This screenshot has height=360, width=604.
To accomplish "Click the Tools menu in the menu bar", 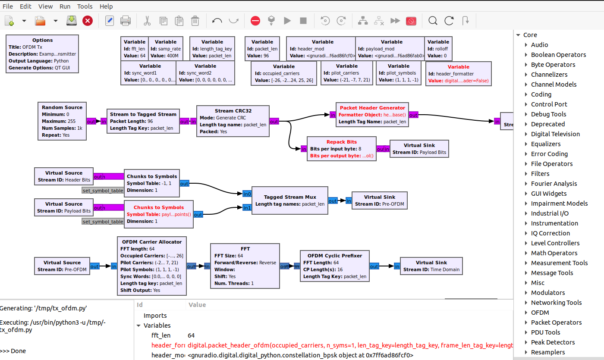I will (x=85, y=6).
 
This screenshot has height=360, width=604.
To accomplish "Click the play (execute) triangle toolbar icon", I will (x=287, y=21).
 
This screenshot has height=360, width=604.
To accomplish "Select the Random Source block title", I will (x=62, y=107).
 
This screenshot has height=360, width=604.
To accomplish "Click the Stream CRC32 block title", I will (x=233, y=111).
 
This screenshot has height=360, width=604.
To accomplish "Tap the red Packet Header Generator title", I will (x=372, y=108).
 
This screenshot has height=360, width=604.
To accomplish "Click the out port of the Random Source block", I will (x=91, y=122).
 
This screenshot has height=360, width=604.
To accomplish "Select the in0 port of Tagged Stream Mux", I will (x=247, y=194).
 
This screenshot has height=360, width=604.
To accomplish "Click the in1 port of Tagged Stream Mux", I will (x=247, y=208).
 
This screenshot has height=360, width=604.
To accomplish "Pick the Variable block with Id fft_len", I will (x=135, y=48).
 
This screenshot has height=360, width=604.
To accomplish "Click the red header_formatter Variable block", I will (x=458, y=74).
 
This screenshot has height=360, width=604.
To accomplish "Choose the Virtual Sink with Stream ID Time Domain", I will (x=431, y=266).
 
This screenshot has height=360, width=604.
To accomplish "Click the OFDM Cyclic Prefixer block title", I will (x=334, y=256).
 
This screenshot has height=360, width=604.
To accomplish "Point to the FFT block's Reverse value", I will (x=267, y=263).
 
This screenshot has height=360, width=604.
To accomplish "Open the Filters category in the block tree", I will (x=540, y=174).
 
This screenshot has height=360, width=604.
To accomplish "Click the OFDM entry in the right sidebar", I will (x=539, y=313).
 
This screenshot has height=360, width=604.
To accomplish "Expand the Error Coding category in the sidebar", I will (x=549, y=154).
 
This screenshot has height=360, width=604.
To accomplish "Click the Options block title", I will (x=42, y=40).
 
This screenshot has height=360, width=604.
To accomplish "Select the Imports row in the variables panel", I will (x=155, y=316).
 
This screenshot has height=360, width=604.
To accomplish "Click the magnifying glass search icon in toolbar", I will (x=433, y=21).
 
